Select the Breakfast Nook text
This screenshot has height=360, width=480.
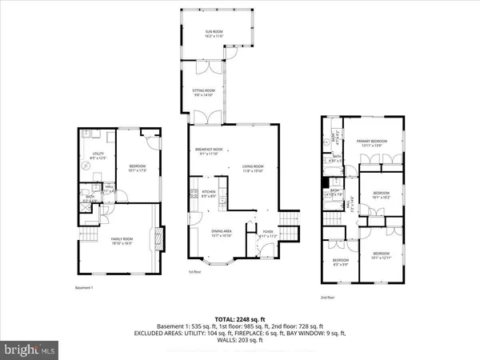pyautogui.click(x=208, y=151)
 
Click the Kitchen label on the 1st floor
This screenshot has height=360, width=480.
pyautogui.click(x=208, y=194)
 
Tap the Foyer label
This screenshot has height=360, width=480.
pyautogui.click(x=266, y=234)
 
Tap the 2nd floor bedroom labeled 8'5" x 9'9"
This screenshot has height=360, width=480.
pyautogui.click(x=340, y=262)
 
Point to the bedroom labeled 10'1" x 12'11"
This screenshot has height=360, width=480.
pyautogui.click(x=382, y=257)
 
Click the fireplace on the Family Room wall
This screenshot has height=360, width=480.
pyautogui.click(x=158, y=240)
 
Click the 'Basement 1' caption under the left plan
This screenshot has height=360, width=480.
pyautogui.click(x=85, y=287)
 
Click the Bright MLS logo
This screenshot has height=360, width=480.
pyautogui.click(x=32, y=350)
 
